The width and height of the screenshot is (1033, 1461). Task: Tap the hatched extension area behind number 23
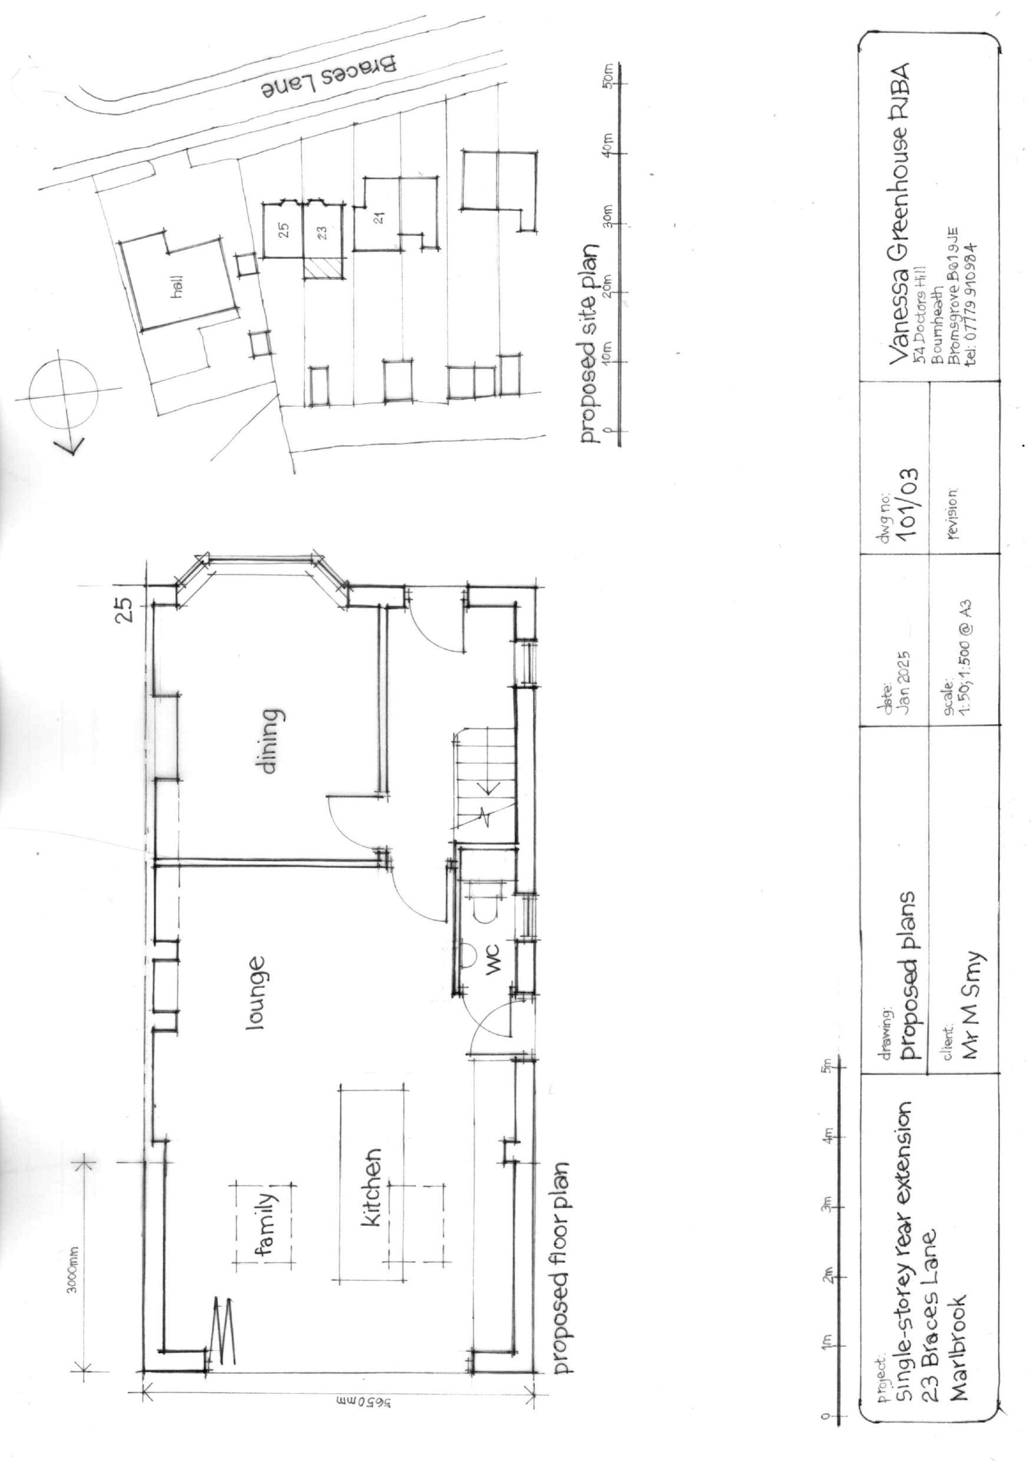(323, 269)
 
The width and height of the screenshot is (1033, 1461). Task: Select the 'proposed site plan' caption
(588, 343)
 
